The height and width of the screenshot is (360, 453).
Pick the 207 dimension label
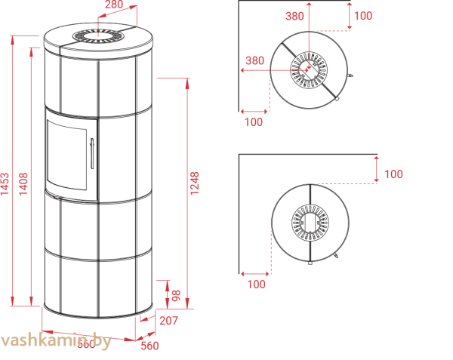[169, 321]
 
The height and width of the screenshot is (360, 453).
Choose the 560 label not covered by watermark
[150, 346]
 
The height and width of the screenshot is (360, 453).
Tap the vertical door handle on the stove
[91, 154]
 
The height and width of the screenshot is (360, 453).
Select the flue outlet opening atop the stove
[99, 35]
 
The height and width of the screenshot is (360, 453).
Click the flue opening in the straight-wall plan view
[309, 221]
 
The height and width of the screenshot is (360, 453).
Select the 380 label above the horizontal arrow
[255, 61]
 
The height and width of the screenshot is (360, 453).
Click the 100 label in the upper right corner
[363, 15]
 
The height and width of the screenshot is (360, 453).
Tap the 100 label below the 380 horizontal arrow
[254, 122]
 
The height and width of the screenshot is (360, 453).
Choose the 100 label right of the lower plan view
[393, 174]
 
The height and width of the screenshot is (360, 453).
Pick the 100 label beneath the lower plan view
[256, 284]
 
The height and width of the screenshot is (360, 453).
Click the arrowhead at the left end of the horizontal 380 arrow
[242, 70]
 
